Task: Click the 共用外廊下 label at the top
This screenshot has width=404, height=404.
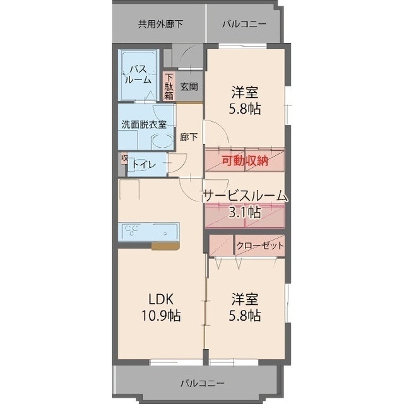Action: (160, 25)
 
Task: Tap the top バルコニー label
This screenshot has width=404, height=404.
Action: (244, 25)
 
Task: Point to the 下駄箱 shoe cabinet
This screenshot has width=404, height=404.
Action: (169, 87)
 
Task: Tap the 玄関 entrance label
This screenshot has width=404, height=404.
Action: (188, 87)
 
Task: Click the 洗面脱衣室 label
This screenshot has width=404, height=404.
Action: (144, 124)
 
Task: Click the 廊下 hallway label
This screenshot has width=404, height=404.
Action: (188, 137)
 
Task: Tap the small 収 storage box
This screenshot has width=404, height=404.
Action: (124, 158)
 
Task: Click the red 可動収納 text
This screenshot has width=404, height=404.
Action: (245, 160)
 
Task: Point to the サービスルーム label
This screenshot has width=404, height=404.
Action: (245, 196)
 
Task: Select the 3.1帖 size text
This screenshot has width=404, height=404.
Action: (245, 213)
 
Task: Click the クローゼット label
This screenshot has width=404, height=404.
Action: (259, 246)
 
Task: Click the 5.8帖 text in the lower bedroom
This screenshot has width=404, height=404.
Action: (245, 315)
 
